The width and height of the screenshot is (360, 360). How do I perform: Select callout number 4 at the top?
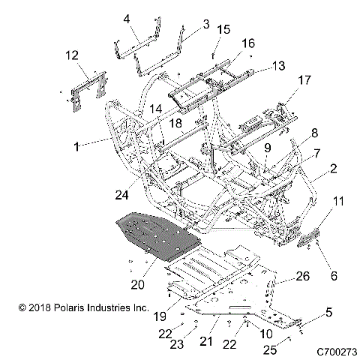pyautogui.click(x=127, y=18)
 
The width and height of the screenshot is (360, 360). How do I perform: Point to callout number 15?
pyautogui.click(x=223, y=29)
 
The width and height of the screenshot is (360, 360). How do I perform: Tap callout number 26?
pyautogui.click(x=304, y=277)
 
